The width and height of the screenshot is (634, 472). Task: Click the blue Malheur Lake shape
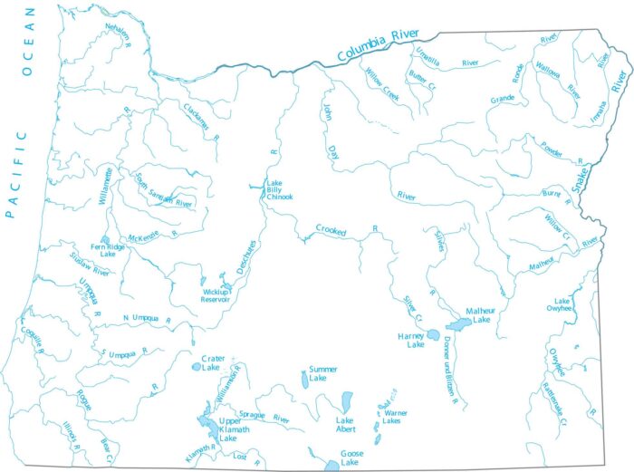tap(459, 323)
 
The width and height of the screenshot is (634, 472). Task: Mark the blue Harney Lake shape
tap(433, 333)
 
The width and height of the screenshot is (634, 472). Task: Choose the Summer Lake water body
tap(304, 380)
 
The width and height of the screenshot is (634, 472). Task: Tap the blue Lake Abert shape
tap(347, 400)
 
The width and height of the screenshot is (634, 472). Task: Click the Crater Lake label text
tap(212, 363)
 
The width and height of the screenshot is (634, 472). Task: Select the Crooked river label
tap(331, 231)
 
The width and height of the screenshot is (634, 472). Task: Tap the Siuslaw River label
tap(89, 265)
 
